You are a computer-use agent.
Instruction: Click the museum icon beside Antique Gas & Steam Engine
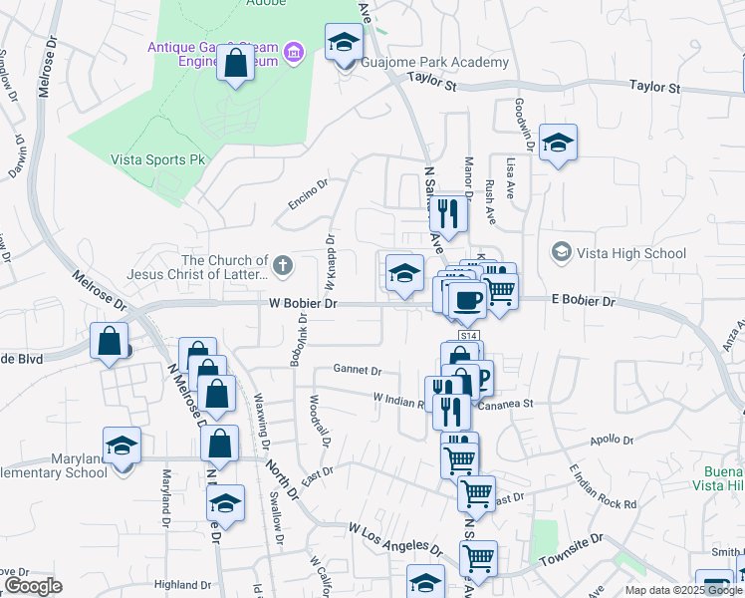293,51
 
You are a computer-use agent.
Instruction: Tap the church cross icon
283,264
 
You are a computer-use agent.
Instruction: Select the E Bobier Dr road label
583,300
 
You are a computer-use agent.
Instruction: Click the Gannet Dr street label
359,370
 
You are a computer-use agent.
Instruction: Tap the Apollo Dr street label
612,440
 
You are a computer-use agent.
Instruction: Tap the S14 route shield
470,335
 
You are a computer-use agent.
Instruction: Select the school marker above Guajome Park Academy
345,43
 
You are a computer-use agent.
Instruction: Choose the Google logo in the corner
32,586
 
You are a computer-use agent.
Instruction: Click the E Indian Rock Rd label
602,486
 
